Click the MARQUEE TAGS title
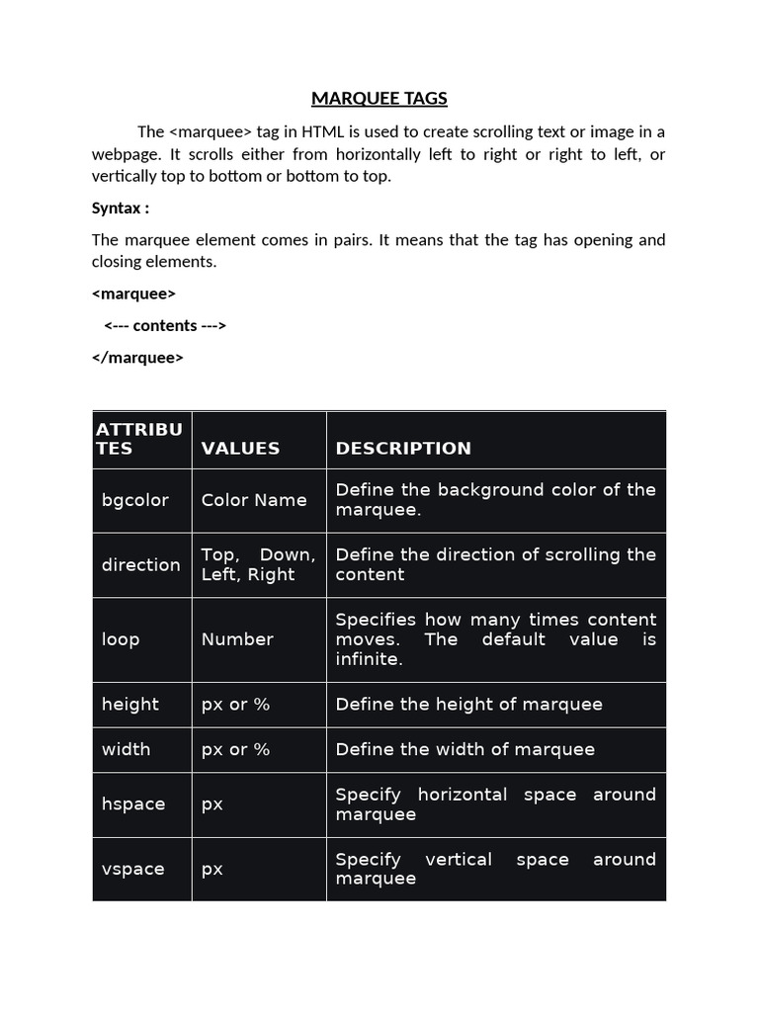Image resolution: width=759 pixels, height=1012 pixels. tap(379, 98)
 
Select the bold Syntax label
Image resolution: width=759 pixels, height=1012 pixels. tap(121, 208)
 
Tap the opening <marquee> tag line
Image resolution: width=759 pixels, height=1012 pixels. tap(133, 294)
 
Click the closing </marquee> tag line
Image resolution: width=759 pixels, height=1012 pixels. tap(137, 358)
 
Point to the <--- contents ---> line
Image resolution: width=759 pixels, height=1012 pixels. tap(165, 325)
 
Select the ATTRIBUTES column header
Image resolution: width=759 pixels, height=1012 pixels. tap(139, 438)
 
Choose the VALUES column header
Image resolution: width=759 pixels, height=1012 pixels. tap(240, 448)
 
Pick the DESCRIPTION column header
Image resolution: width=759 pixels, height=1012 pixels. tap(403, 448)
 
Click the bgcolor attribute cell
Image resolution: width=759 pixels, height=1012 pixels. tap(134, 500)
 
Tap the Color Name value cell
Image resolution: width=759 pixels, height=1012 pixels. tap(254, 500)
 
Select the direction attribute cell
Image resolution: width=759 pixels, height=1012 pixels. tap(140, 564)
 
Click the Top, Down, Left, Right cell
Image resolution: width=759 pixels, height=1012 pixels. tap(258, 564)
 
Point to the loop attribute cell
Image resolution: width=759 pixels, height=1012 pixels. tap(121, 639)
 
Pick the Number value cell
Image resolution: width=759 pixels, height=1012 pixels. tap(237, 639)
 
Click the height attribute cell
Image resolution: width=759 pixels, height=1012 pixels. tap(129, 704)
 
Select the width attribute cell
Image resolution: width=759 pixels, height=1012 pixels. tap(126, 749)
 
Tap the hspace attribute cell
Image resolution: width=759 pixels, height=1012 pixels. tap(132, 804)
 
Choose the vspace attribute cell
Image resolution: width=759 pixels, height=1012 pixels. tap(132, 869)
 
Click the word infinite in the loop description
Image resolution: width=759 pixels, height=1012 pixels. tap(369, 659)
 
